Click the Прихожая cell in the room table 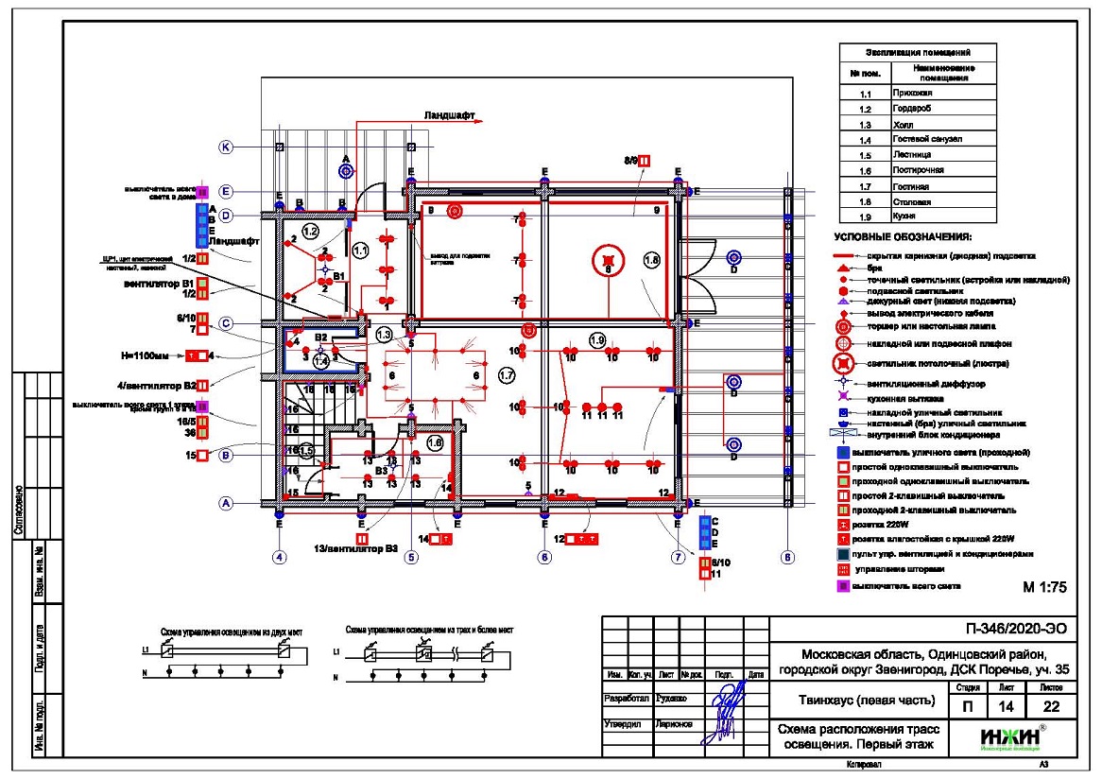pos(913,94)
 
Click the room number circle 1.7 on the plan pos(506,376)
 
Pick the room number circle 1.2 pos(311,231)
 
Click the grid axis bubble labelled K pos(226,147)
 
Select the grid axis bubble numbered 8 pos(788,557)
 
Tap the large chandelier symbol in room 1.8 pos(609,260)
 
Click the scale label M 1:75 pos(1044,587)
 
